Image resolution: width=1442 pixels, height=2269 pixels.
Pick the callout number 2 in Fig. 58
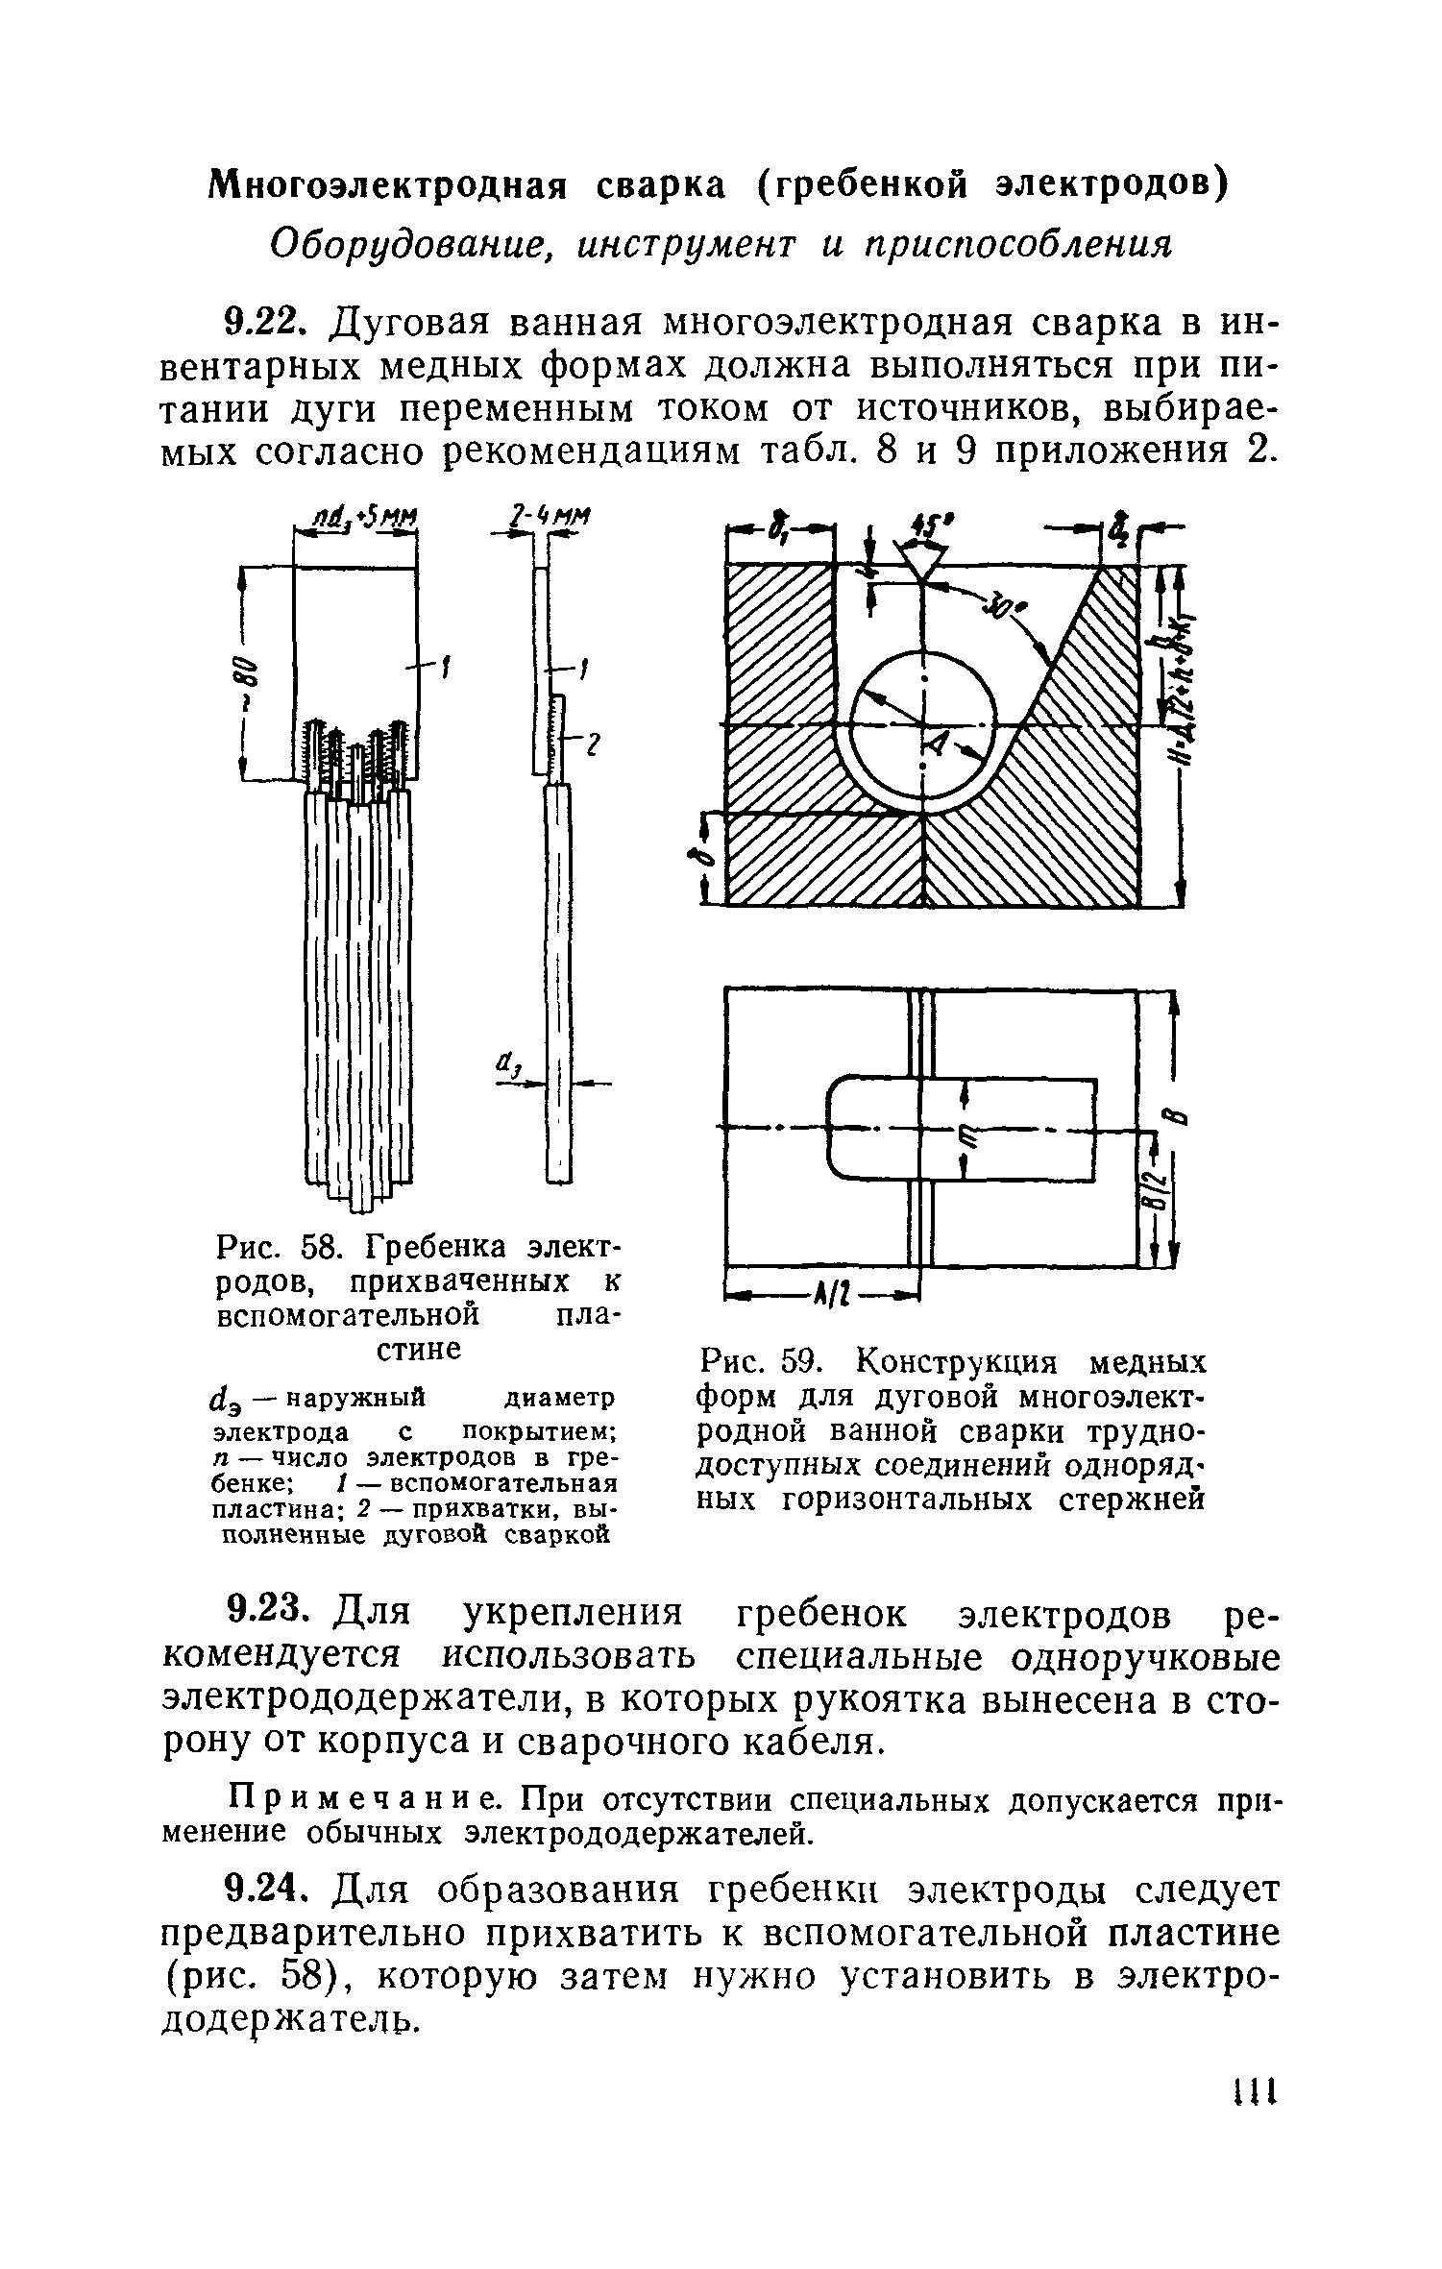[592, 743]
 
